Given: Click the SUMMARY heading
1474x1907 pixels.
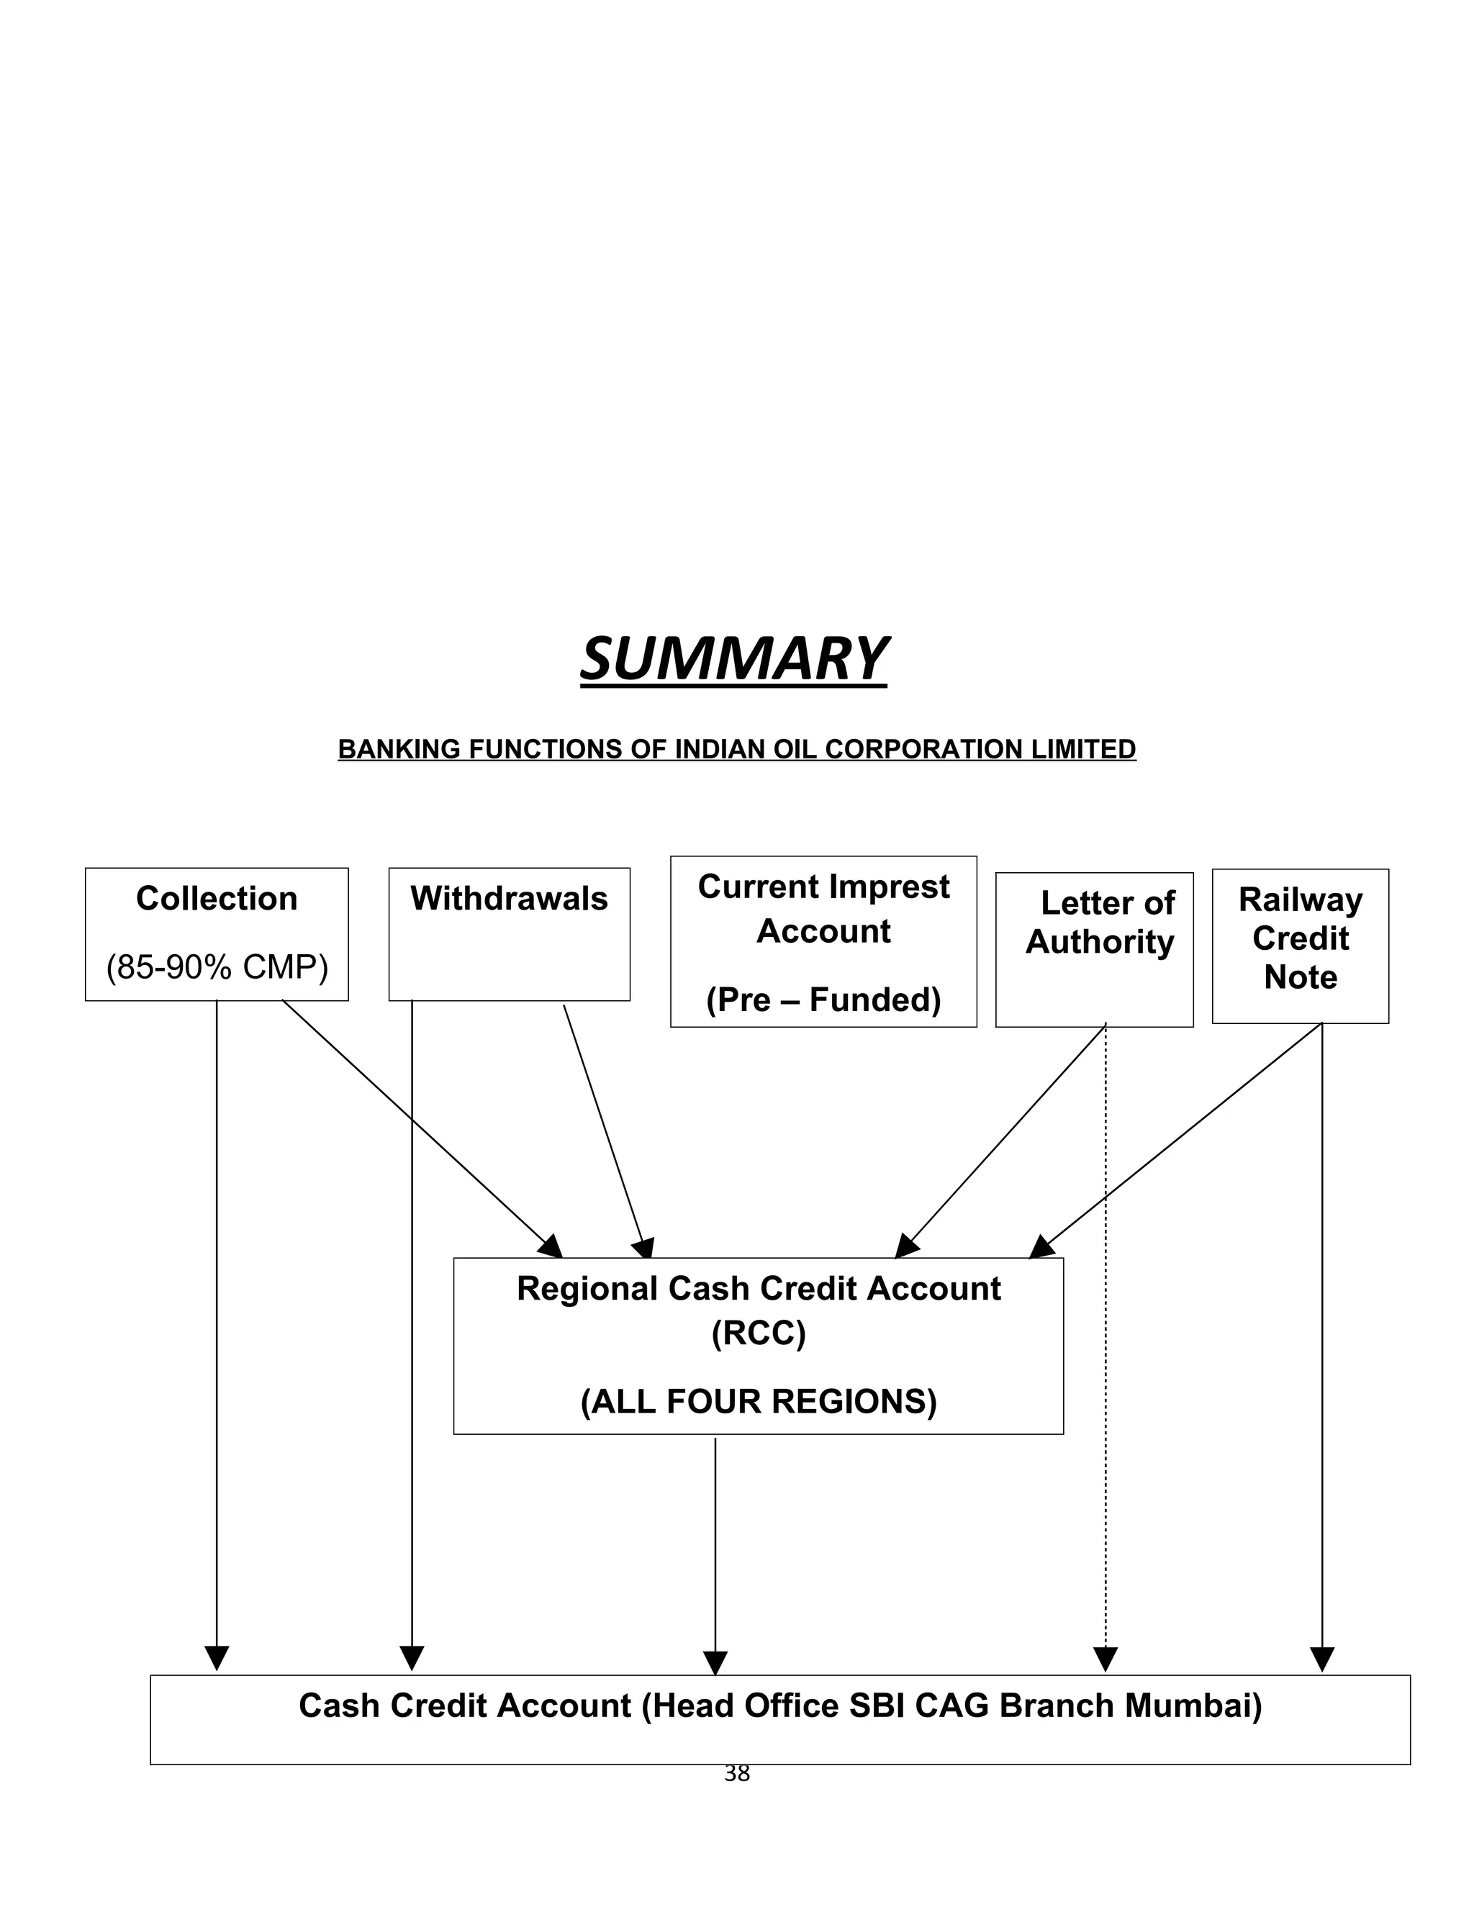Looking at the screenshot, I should [733, 659].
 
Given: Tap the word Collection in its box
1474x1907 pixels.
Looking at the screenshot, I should [217, 899].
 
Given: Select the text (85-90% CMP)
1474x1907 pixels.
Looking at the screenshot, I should [217, 966].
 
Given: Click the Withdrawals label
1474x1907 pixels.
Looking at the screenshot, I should [509, 899].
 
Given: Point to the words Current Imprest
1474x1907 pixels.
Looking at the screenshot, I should [823, 887].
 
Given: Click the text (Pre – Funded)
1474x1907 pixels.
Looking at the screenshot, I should [823, 1000].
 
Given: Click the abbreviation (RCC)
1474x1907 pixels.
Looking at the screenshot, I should [758, 1333].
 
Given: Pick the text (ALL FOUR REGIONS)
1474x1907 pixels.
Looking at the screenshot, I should [758, 1401].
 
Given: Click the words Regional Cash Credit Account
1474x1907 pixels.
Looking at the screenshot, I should [758, 1289].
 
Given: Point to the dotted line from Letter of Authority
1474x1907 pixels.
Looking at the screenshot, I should [1105, 1397].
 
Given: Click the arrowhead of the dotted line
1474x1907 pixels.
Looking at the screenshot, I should [1105, 1658].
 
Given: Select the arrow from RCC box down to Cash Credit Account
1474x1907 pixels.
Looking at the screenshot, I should [715, 1554].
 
